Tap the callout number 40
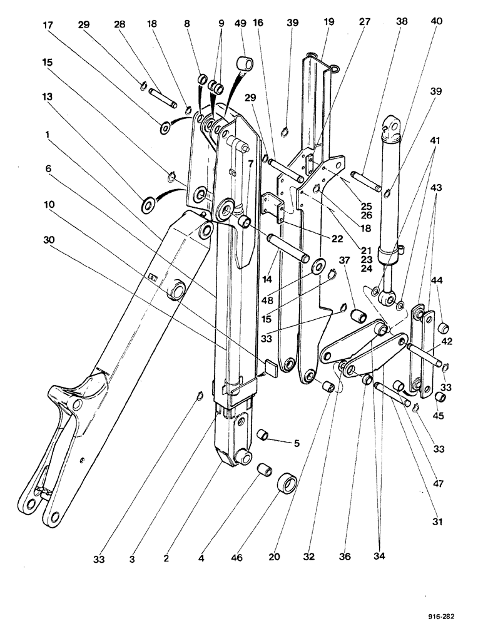point(435,21)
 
